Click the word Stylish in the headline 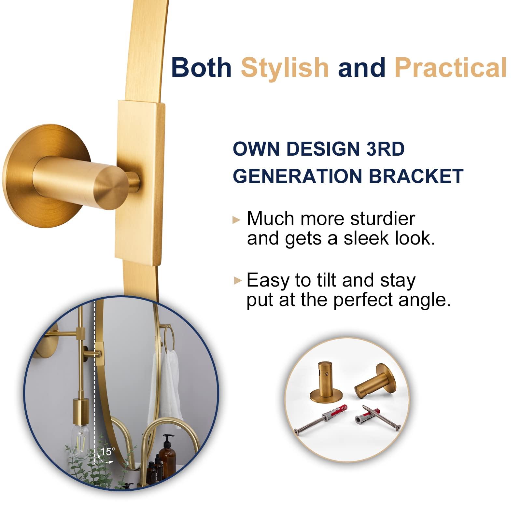click(x=285, y=68)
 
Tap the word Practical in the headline click(x=451, y=68)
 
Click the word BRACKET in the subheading click(x=416, y=176)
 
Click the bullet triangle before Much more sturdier click(x=236, y=220)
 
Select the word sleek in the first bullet click(x=366, y=238)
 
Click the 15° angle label click(x=108, y=452)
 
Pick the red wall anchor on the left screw click(x=334, y=413)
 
